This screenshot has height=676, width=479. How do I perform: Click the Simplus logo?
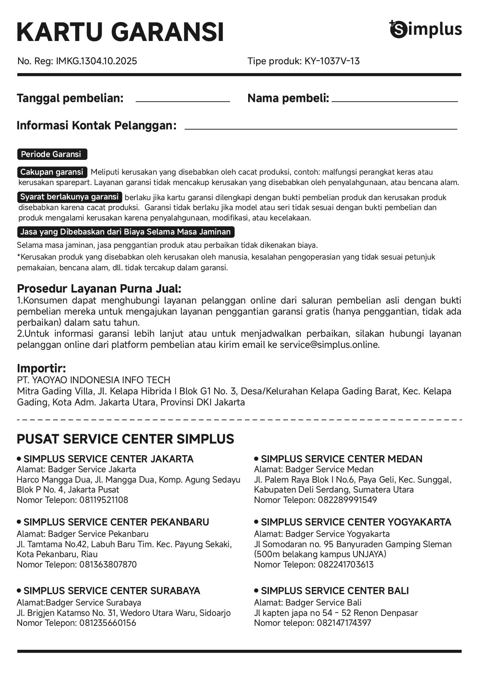coord(425,29)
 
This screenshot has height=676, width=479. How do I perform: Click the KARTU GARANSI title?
coord(120,32)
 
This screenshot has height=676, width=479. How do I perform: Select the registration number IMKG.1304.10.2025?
coord(96,61)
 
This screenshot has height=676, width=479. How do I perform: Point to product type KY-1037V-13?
coord(332,61)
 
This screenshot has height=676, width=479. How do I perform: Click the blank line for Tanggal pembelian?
coord(183,101)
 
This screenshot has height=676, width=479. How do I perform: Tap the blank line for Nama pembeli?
coord(394,101)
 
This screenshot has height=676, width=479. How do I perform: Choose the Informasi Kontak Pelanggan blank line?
coord(320,129)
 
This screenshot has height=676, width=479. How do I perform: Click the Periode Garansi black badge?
coord(52,154)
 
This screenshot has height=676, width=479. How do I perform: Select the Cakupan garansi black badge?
coord(52,172)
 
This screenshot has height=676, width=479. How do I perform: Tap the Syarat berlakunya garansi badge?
coord(69,197)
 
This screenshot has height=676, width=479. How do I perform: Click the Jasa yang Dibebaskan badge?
coord(125,232)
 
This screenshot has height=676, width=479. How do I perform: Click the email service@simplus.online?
coord(329,345)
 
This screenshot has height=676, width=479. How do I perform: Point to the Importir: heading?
coord(41,368)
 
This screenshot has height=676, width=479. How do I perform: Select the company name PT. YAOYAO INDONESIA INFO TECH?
coord(94,380)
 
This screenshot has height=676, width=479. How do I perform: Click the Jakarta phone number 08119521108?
coord(104,500)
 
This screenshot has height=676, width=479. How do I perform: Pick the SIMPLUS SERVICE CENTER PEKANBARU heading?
coord(116,522)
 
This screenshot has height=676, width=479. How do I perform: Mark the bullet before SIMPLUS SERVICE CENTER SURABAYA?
coord(19,591)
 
